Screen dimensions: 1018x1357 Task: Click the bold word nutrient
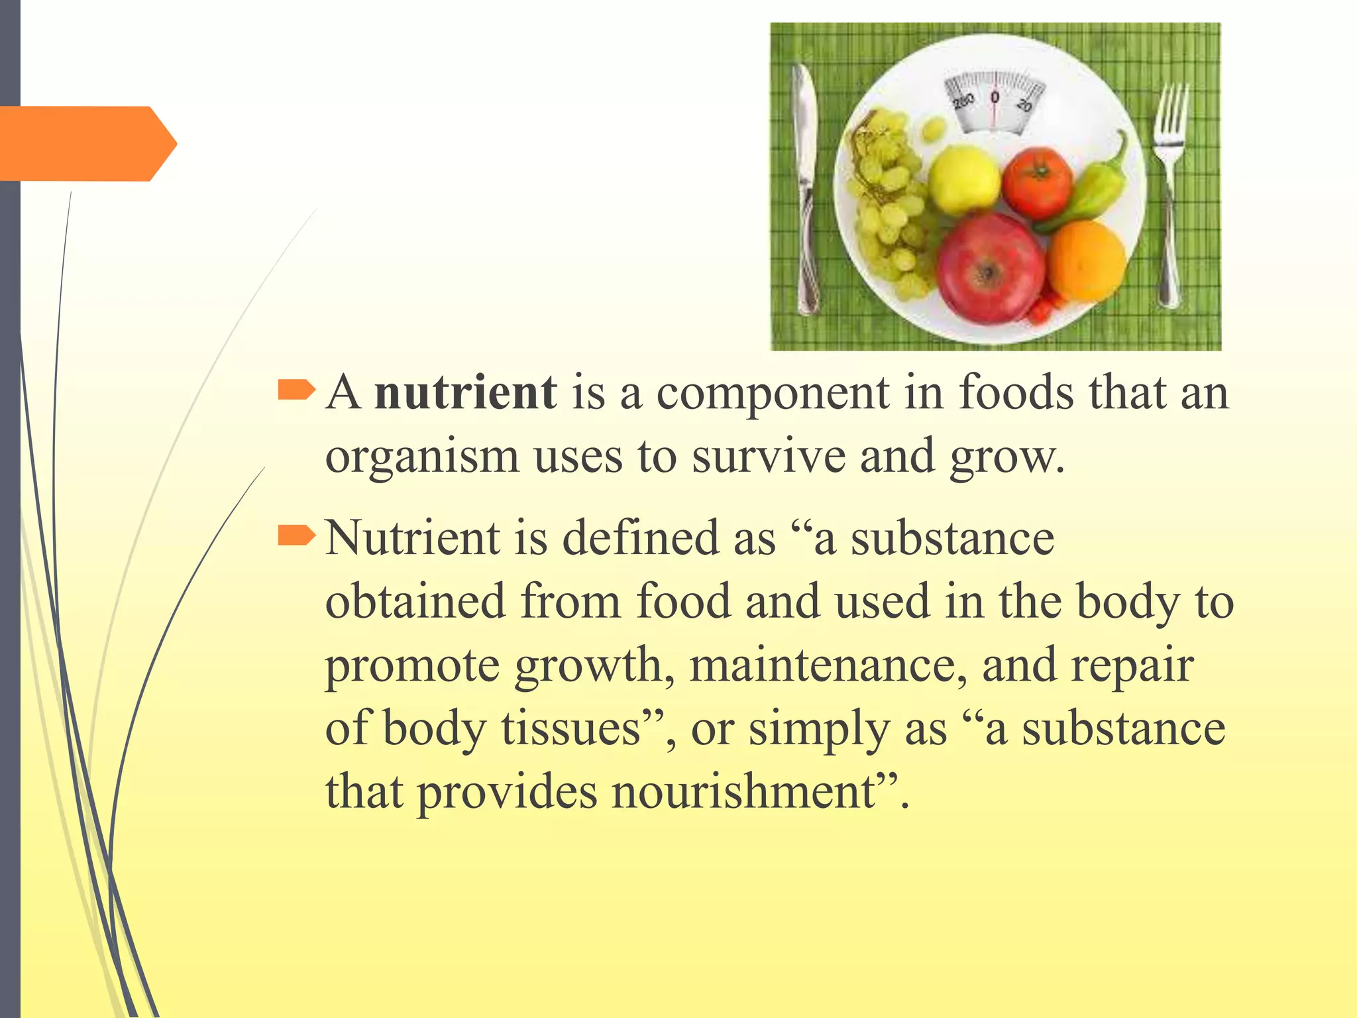click(x=465, y=392)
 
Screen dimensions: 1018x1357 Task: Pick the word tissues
click(x=570, y=728)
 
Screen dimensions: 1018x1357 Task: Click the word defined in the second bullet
click(x=640, y=537)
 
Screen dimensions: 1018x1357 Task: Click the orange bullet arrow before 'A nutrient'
click(x=296, y=390)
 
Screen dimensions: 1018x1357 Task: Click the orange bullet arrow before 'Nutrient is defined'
click(x=296, y=535)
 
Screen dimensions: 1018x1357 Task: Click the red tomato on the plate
click(x=1037, y=184)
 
